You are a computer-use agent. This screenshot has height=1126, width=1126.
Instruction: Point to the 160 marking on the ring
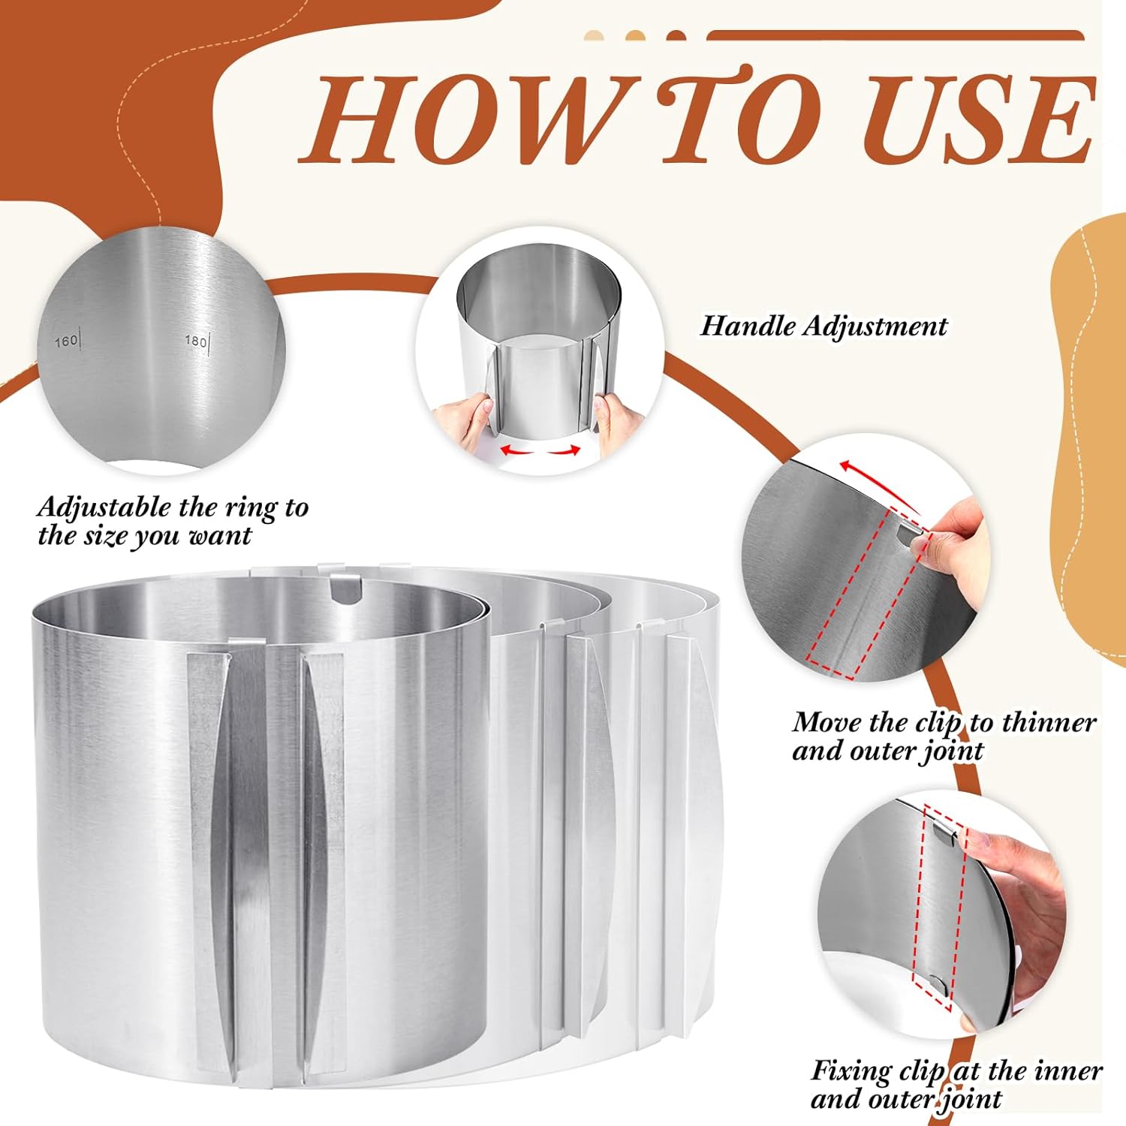[x=66, y=342]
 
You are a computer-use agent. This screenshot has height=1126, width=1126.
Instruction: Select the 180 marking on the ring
[x=196, y=342]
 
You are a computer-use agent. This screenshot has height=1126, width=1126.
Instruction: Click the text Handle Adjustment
[x=823, y=327]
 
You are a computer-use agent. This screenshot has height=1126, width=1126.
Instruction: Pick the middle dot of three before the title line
[x=635, y=36]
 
